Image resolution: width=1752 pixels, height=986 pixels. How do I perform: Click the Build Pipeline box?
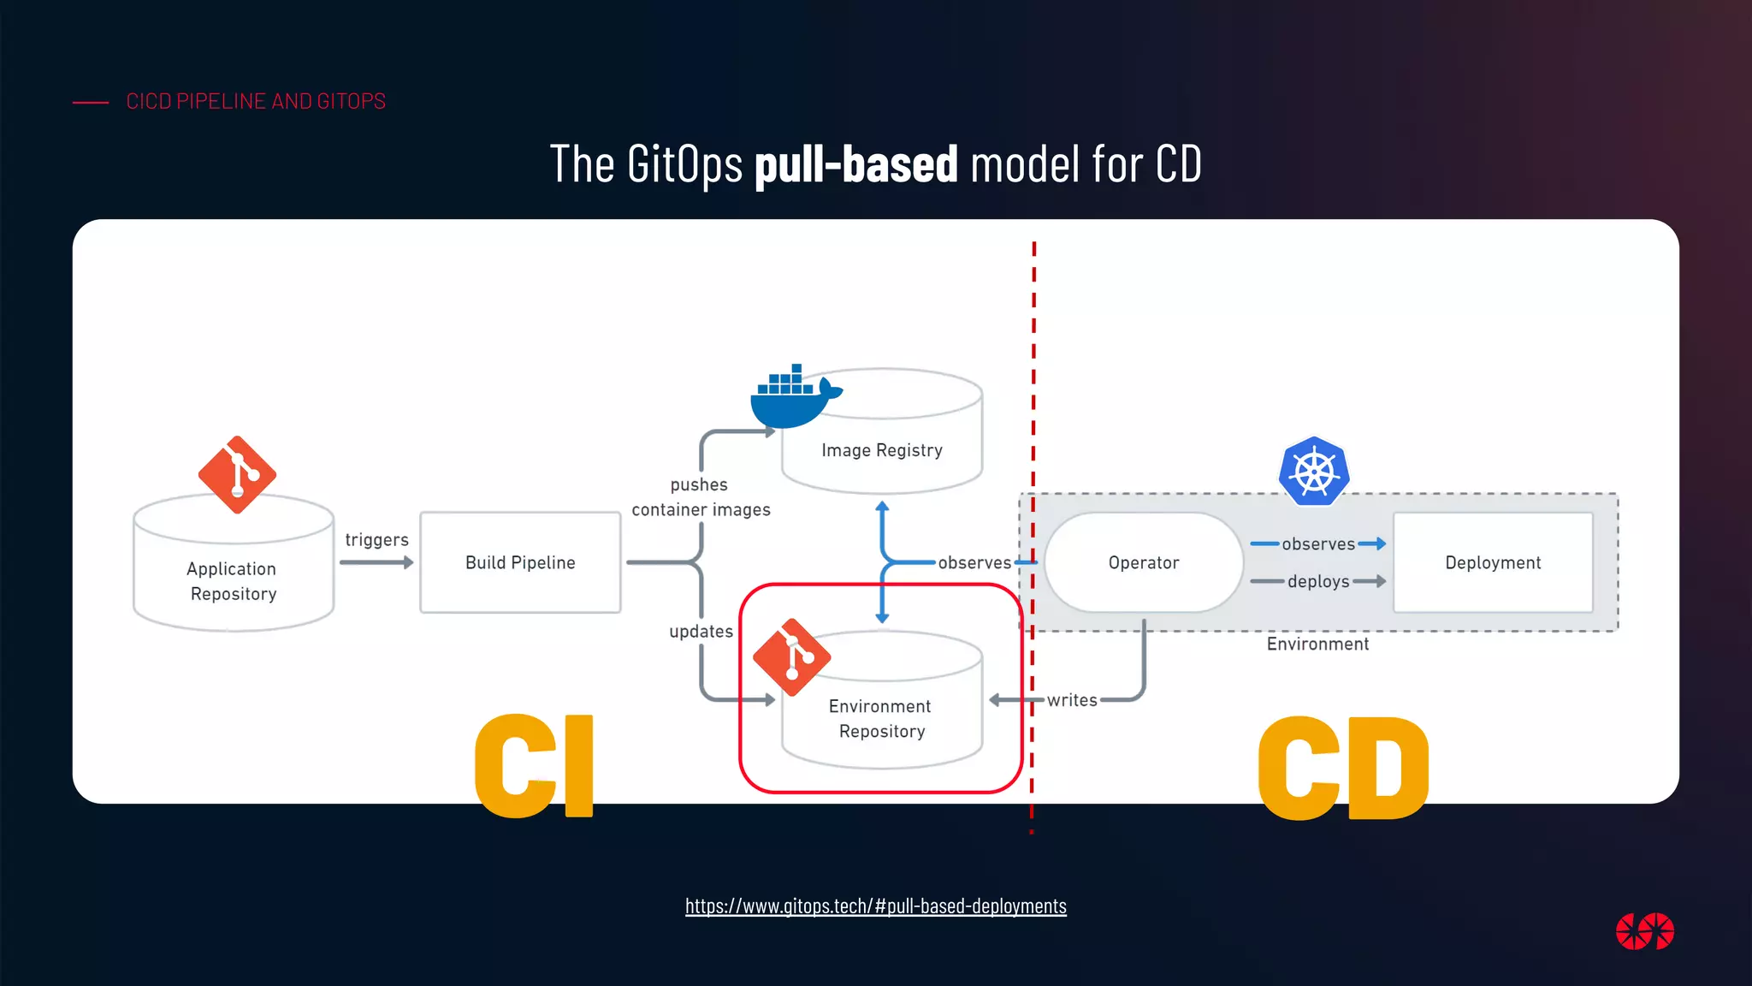click(520, 562)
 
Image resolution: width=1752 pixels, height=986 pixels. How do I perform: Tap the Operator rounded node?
click(1143, 562)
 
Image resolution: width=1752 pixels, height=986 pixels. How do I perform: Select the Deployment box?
click(1493, 562)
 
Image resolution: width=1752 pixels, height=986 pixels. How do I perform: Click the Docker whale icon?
click(792, 399)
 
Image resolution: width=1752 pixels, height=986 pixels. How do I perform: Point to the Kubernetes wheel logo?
click(1314, 472)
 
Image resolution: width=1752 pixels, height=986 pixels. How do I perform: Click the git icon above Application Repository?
click(237, 475)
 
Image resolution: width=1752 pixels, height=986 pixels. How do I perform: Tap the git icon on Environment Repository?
click(791, 657)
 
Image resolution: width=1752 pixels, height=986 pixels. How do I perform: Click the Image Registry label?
click(882, 450)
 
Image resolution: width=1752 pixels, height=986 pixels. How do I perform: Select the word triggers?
click(376, 540)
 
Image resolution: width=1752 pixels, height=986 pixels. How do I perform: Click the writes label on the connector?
click(1072, 700)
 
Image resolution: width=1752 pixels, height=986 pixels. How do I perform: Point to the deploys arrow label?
click(1318, 582)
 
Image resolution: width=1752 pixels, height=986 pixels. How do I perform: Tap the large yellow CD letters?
click(1343, 768)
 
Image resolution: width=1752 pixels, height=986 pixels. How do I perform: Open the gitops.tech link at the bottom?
click(875, 906)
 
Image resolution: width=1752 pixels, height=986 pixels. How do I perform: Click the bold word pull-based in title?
click(855, 164)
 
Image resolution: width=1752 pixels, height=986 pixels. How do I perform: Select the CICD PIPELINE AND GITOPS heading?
click(256, 102)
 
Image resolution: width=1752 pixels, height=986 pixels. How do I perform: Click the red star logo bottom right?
click(1644, 931)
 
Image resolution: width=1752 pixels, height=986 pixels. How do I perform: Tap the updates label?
click(701, 632)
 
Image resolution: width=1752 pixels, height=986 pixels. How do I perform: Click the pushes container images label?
click(701, 497)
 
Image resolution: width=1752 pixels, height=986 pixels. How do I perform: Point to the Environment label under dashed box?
click(1317, 644)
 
